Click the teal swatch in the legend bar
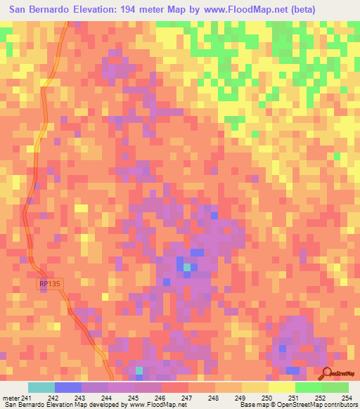tap(41, 387)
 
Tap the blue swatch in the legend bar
tap(68, 387)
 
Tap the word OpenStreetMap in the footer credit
tap(289, 404)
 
